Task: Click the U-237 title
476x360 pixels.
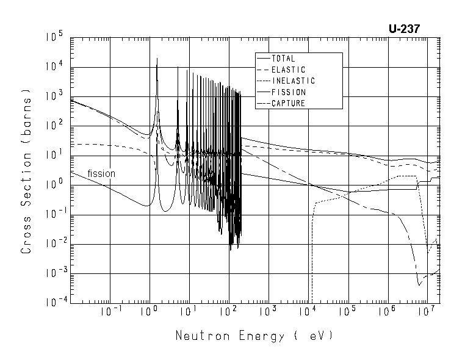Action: point(403,29)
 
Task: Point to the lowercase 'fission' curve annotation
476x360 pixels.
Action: point(101,173)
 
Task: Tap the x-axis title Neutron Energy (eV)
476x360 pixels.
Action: point(254,336)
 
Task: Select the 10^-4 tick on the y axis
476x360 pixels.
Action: point(54,303)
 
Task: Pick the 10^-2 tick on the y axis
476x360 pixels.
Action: point(54,244)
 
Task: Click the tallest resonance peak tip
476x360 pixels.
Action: point(157,59)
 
